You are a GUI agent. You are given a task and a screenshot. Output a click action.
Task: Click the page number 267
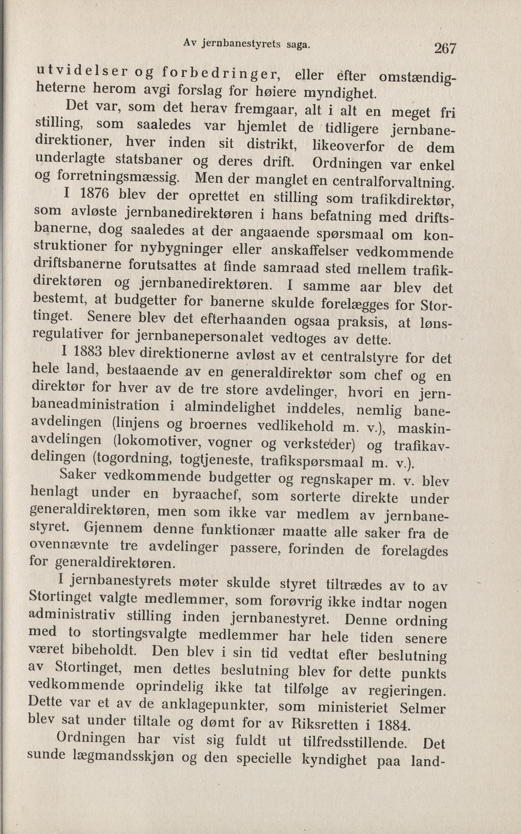pos(445,48)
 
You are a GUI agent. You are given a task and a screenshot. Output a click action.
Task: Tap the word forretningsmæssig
pos(117,176)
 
